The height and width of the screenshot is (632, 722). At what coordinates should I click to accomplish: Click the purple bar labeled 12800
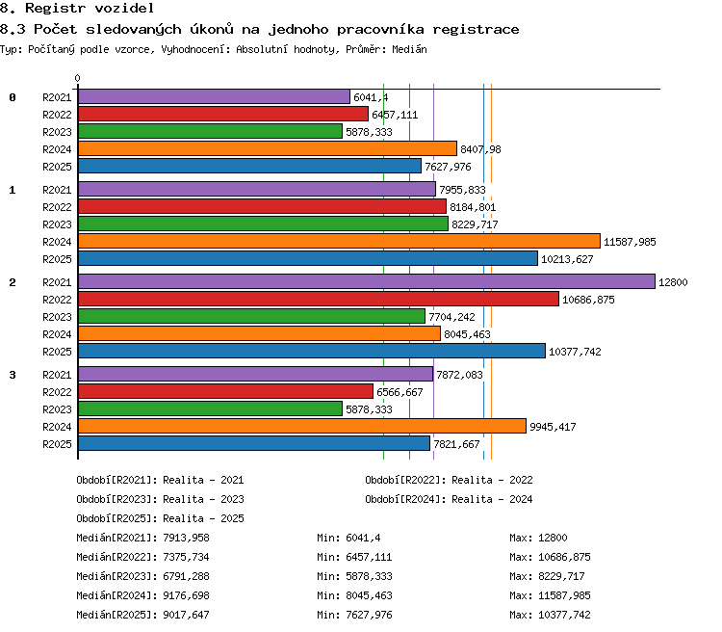pos(367,281)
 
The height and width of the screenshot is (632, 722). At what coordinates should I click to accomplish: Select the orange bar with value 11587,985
pos(340,241)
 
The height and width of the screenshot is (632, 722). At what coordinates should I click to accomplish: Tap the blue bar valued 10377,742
pos(312,351)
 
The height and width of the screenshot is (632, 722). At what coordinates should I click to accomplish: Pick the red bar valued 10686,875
pos(319,300)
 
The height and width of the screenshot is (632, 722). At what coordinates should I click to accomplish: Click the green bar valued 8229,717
pos(263,224)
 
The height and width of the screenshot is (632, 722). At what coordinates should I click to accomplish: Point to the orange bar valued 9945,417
pos(302,426)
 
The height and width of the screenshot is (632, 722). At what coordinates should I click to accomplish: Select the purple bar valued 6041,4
pos(214,96)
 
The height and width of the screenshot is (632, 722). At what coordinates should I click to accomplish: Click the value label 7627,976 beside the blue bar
pos(448,167)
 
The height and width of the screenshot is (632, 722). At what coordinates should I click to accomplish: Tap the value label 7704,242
pos(451,317)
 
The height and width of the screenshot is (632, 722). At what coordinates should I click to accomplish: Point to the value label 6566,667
pos(400,392)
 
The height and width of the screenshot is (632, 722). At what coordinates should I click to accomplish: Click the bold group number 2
pos(13,282)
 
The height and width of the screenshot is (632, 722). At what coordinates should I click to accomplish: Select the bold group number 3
pos(13,375)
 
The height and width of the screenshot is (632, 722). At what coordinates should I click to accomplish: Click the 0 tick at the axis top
pos(77,78)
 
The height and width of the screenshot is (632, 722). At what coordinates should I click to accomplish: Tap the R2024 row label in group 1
pos(57,242)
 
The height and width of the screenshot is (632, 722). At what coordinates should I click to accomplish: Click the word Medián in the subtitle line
pos(409,49)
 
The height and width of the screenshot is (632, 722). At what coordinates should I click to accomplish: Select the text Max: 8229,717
pos(547,576)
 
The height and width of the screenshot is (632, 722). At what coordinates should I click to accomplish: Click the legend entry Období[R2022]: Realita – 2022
pos(449,480)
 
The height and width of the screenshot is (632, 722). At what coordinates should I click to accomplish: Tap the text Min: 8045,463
pos(354,595)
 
